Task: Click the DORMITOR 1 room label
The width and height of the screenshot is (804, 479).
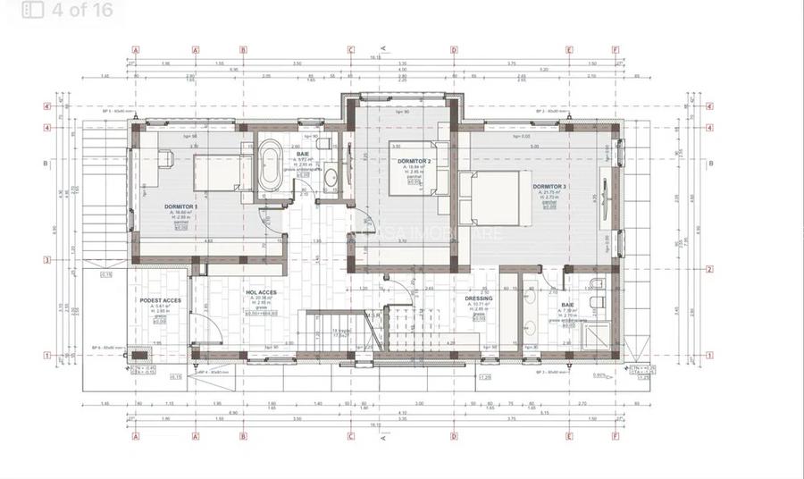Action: pos(181,206)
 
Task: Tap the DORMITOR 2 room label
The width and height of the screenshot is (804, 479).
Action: pos(415,161)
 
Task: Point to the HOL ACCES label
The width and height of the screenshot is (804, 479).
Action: pos(261,292)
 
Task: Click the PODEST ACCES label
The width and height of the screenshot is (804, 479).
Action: pos(161,300)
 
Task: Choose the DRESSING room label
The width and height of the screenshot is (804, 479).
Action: pos(479,299)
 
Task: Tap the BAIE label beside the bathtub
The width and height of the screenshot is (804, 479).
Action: pos(303,155)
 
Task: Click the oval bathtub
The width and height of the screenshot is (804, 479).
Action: pos(269,167)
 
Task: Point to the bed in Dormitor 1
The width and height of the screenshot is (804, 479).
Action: pos(217,171)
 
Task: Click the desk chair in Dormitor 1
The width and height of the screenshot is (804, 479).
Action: pos(165,158)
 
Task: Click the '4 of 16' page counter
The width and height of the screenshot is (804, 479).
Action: pos(82,11)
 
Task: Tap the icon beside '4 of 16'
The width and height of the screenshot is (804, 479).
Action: pos(32,11)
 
